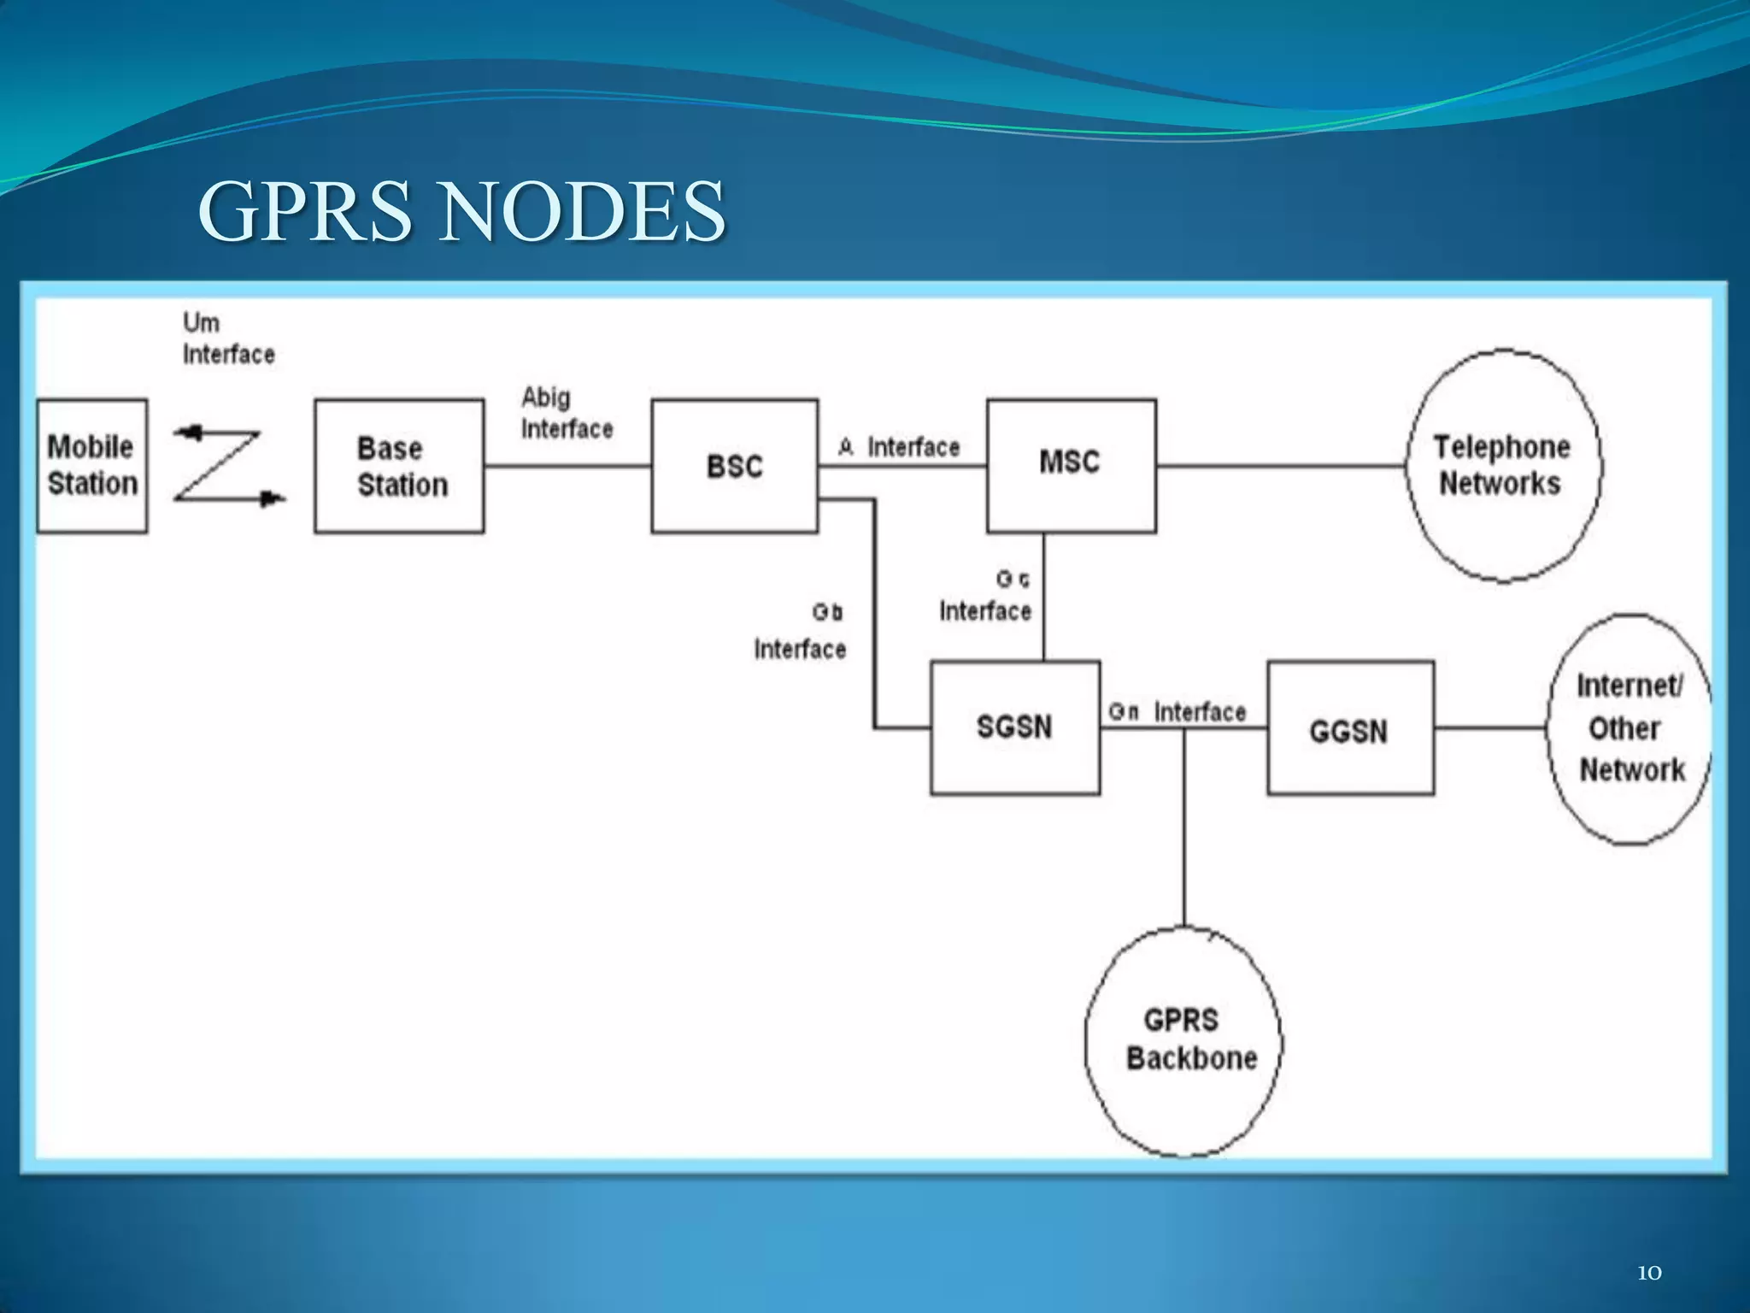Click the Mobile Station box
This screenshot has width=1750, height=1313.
coord(92,466)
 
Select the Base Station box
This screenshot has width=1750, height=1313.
coord(399,466)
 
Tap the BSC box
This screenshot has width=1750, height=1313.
coord(735,466)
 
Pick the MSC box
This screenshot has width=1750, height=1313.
coord(1072,466)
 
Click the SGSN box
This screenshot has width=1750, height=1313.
coord(1015,727)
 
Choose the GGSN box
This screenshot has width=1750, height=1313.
coord(1350,727)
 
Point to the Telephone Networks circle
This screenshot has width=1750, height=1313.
coord(1504,466)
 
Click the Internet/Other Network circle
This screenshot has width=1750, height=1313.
coord(1630,729)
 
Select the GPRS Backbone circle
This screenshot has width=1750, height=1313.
coord(1184,1041)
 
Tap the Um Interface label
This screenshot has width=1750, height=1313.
coord(228,339)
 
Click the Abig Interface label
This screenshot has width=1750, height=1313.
coord(567,413)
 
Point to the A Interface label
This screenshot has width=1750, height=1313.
coord(900,447)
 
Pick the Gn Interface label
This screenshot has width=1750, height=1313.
coord(1177,711)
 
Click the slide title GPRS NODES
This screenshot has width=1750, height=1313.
coord(461,211)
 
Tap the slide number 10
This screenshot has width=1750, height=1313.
coord(1649,1273)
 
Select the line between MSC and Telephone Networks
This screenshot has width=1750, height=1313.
coord(1282,466)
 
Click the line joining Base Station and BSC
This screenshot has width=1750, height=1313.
coord(567,466)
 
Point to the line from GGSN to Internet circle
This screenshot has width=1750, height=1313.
coord(1491,728)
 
